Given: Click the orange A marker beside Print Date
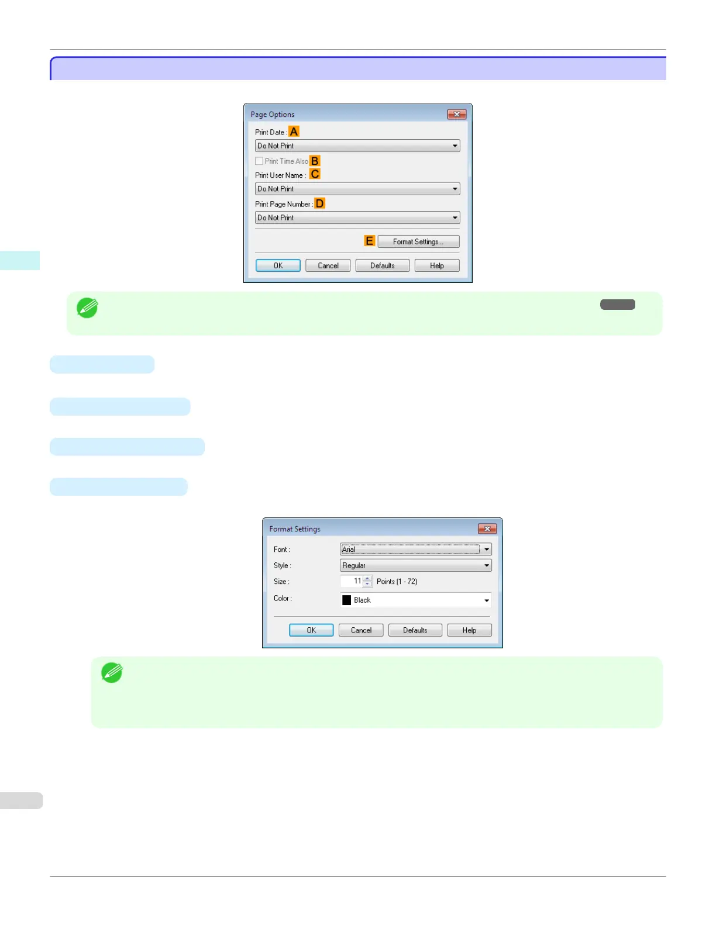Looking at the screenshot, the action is (294, 132).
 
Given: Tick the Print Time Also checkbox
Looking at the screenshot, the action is (259, 161).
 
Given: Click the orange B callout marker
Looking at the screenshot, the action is (315, 161).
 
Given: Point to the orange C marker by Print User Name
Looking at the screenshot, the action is (315, 174).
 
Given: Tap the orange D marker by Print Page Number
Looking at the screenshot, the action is (319, 203).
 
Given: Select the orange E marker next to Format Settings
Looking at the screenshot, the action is (369, 241).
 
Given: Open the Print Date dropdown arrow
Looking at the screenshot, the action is (455, 146).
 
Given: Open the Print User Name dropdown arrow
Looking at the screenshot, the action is (455, 189).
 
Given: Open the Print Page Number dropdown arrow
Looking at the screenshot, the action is (455, 217).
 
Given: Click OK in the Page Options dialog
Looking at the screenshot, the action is (278, 265).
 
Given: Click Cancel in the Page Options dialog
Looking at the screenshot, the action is (328, 265).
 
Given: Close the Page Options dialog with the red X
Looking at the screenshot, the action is (456, 114).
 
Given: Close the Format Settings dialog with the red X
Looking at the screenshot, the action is (487, 528).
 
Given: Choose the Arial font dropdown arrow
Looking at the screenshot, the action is (486, 550).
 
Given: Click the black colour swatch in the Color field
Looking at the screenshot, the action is (347, 600).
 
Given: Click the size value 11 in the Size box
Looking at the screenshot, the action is (357, 581).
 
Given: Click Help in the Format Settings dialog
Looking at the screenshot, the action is (469, 630).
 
